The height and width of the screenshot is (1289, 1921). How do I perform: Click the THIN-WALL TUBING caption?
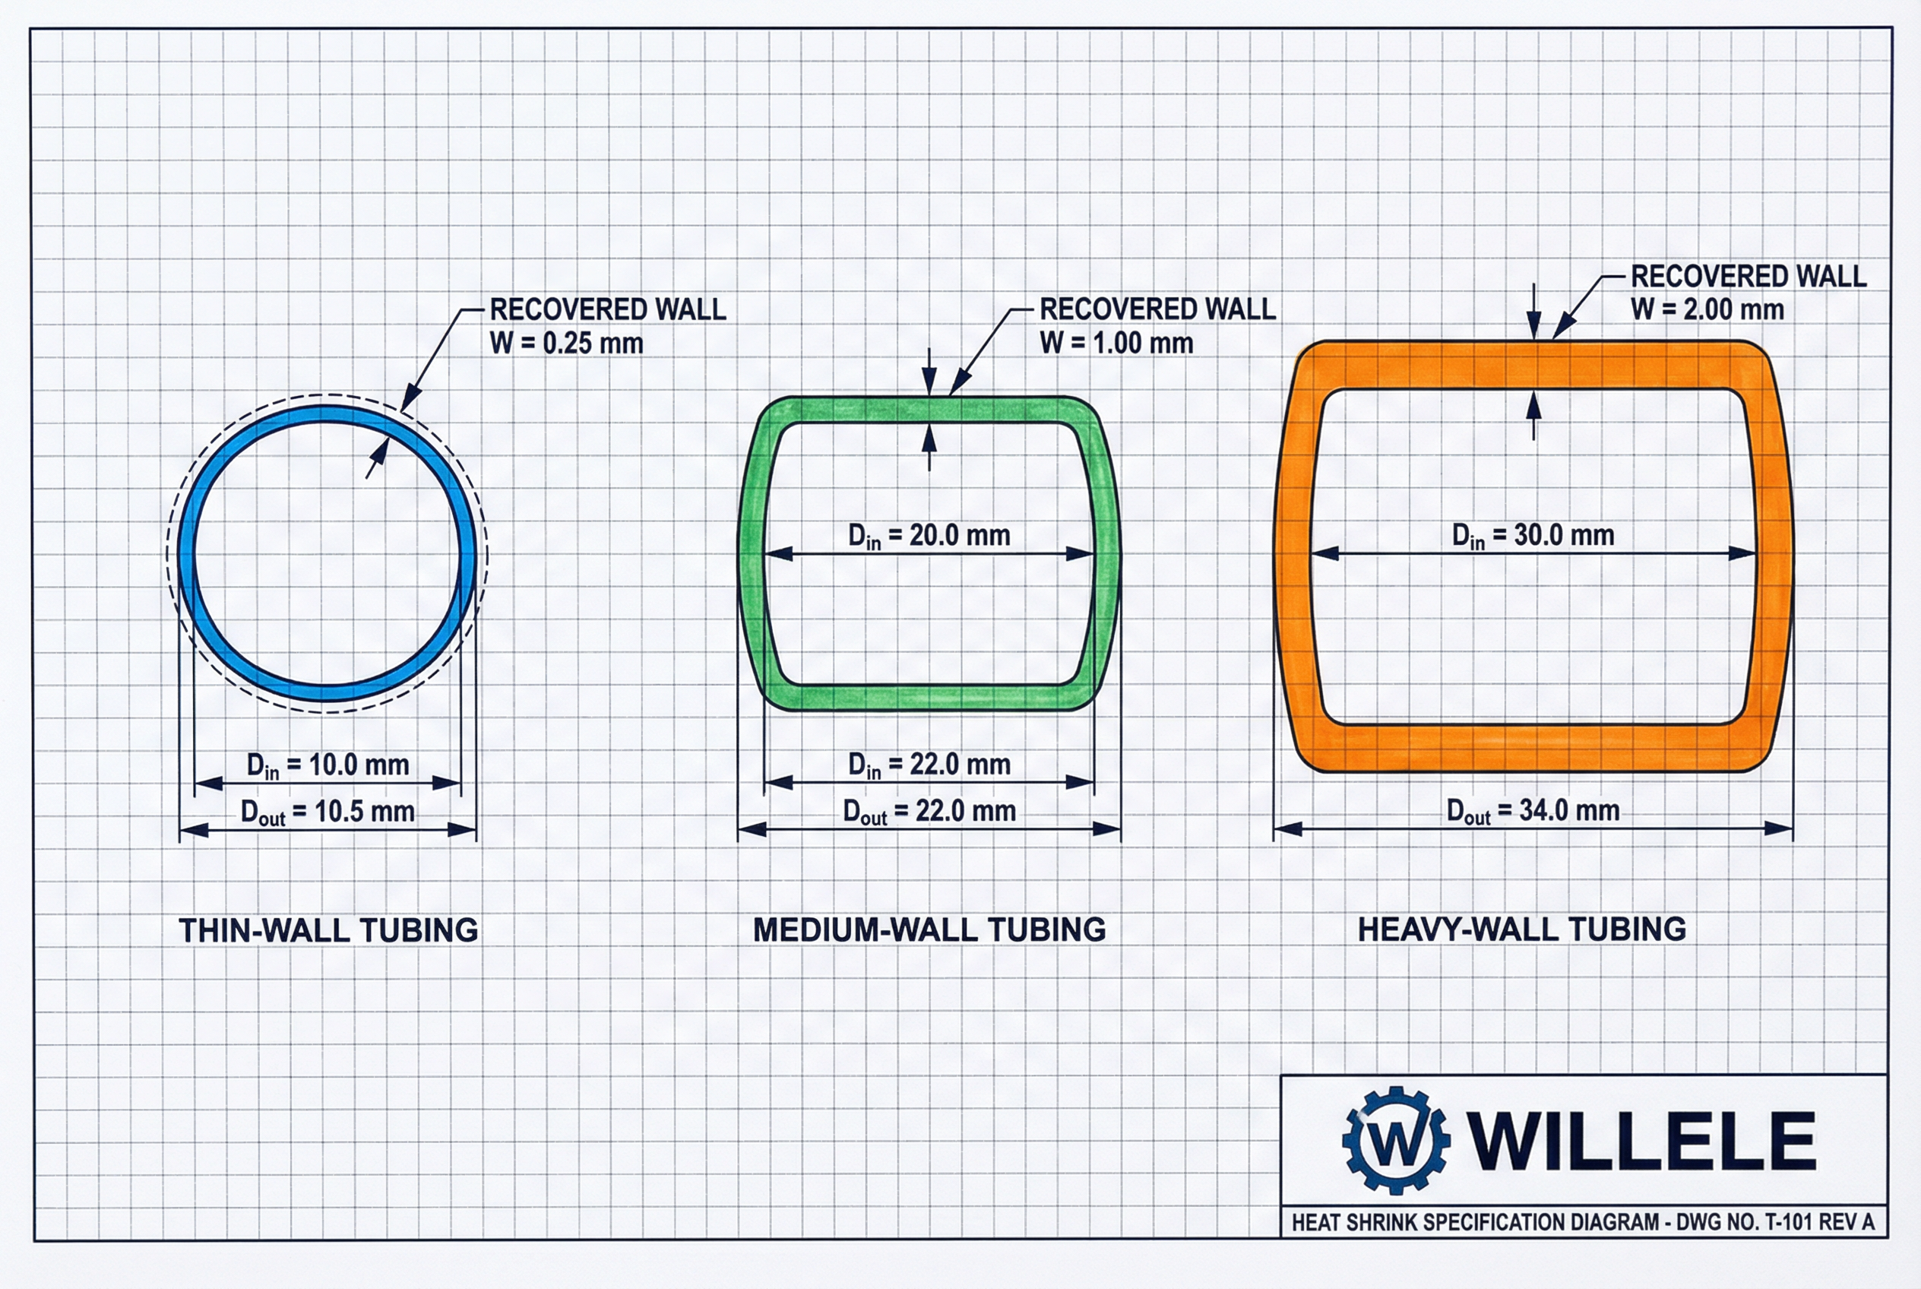point(328,930)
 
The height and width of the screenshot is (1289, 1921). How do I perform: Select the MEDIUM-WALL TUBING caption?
point(929,930)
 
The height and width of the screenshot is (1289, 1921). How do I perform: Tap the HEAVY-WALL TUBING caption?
point(1521,929)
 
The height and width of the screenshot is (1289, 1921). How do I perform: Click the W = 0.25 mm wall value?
point(566,343)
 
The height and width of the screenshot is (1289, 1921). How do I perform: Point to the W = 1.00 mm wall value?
point(1116,343)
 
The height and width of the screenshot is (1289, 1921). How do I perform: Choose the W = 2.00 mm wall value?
point(1707,310)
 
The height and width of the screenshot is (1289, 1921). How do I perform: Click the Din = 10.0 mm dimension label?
point(328,765)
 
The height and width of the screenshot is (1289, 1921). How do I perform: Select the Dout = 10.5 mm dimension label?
point(328,812)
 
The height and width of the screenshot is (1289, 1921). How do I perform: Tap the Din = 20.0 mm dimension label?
point(929,536)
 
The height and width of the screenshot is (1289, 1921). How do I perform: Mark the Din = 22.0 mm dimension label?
point(929,765)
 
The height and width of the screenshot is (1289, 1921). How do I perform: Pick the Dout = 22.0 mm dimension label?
point(929,812)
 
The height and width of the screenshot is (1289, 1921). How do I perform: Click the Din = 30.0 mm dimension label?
point(1532,536)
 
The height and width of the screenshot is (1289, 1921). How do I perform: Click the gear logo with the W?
point(1396,1140)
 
